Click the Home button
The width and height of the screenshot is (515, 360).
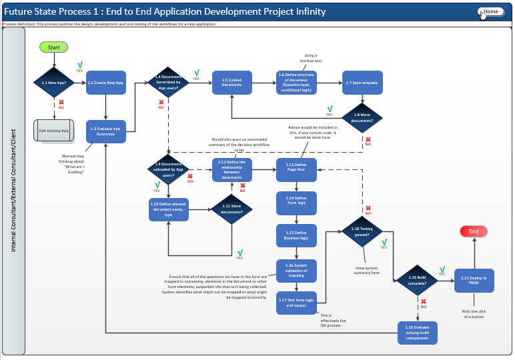pos(490,12)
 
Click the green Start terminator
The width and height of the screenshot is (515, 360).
pos(53,47)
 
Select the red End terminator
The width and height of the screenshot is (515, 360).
pos(474,231)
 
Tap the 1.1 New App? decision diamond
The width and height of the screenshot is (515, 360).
pos(53,83)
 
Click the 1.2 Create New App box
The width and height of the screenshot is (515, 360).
pos(105,83)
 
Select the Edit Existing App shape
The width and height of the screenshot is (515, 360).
pos(53,131)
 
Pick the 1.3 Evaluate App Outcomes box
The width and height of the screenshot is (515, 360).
pos(105,131)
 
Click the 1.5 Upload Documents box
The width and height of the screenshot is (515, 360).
pos(232,83)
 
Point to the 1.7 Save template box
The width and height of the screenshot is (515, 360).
pos(362,83)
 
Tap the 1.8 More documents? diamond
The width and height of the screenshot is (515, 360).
pos(362,117)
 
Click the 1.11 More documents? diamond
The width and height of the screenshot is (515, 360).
pos(231,209)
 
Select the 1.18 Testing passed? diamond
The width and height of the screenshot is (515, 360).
pos(362,231)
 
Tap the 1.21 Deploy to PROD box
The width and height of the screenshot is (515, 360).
pos(474,280)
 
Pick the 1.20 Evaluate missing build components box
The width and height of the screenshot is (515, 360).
pos(418,331)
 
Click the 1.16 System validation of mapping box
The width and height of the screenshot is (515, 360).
pos(296,270)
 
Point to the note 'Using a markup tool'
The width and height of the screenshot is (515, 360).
pos(311,58)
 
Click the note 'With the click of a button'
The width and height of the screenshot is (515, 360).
pos(474,314)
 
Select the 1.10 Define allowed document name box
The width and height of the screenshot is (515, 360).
pos(168,209)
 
